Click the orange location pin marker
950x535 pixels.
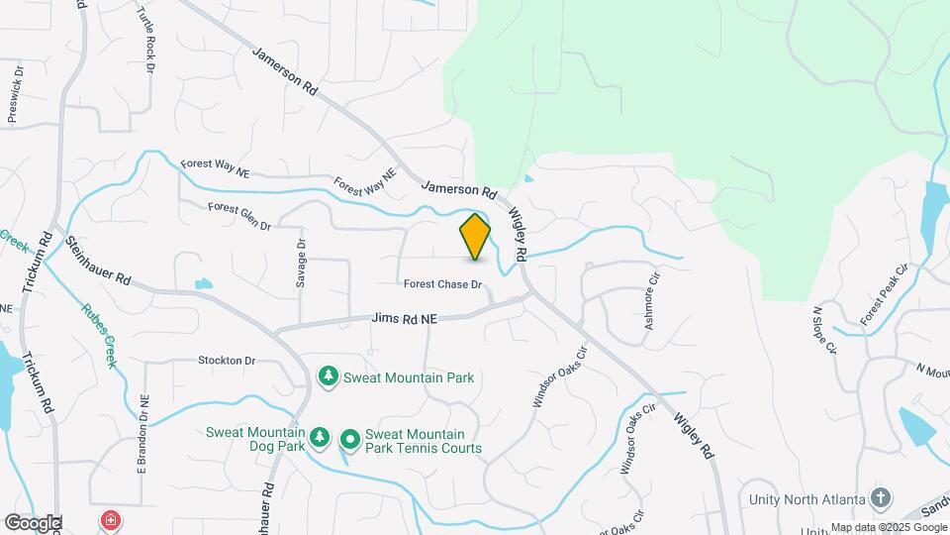click(x=475, y=236)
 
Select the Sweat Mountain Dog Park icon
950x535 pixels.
click(x=319, y=437)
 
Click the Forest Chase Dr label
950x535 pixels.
click(x=442, y=285)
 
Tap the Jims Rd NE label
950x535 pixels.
click(x=404, y=319)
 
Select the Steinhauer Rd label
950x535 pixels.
click(x=99, y=261)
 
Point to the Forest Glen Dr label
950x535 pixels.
click(x=239, y=217)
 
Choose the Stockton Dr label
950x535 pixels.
click(x=227, y=361)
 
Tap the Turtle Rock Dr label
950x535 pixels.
click(x=146, y=40)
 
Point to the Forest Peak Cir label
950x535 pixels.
click(x=884, y=294)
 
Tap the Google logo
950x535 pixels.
click(x=33, y=522)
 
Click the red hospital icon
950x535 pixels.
click(x=111, y=519)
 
